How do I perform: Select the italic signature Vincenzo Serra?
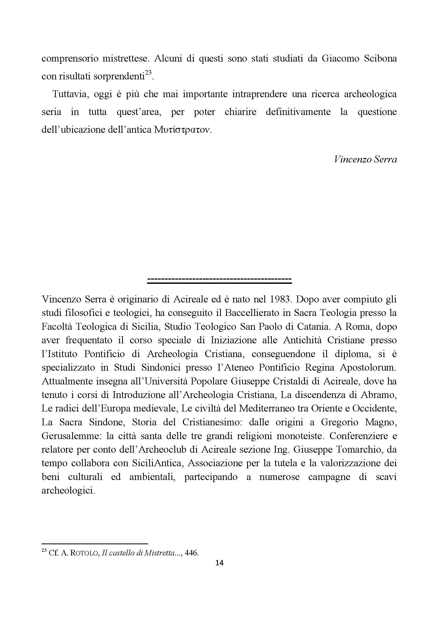click(x=365, y=159)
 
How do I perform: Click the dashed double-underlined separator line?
click(x=219, y=279)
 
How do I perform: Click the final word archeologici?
click(x=68, y=490)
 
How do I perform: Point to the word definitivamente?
click(x=298, y=112)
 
